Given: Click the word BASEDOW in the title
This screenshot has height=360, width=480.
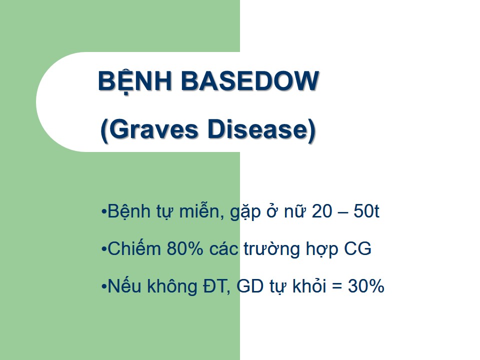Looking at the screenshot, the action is coord(250,81).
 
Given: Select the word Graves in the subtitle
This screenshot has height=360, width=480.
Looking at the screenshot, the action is coord(153,129).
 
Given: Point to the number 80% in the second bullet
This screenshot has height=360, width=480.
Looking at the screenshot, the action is coord(185,248).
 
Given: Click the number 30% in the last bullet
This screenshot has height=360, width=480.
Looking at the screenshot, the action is coord(366,286).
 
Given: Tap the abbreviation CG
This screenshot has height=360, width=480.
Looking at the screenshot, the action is coord(357,248).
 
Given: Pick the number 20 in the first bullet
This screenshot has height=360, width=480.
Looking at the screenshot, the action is coord(321,211).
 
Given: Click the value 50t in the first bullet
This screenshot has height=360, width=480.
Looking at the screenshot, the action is coord(366,211).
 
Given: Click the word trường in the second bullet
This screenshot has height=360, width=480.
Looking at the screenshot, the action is coord(271,249).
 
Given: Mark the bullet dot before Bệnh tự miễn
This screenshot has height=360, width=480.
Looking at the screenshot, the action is coord(104,211).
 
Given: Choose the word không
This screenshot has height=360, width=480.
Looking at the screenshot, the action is coord(172,286).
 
